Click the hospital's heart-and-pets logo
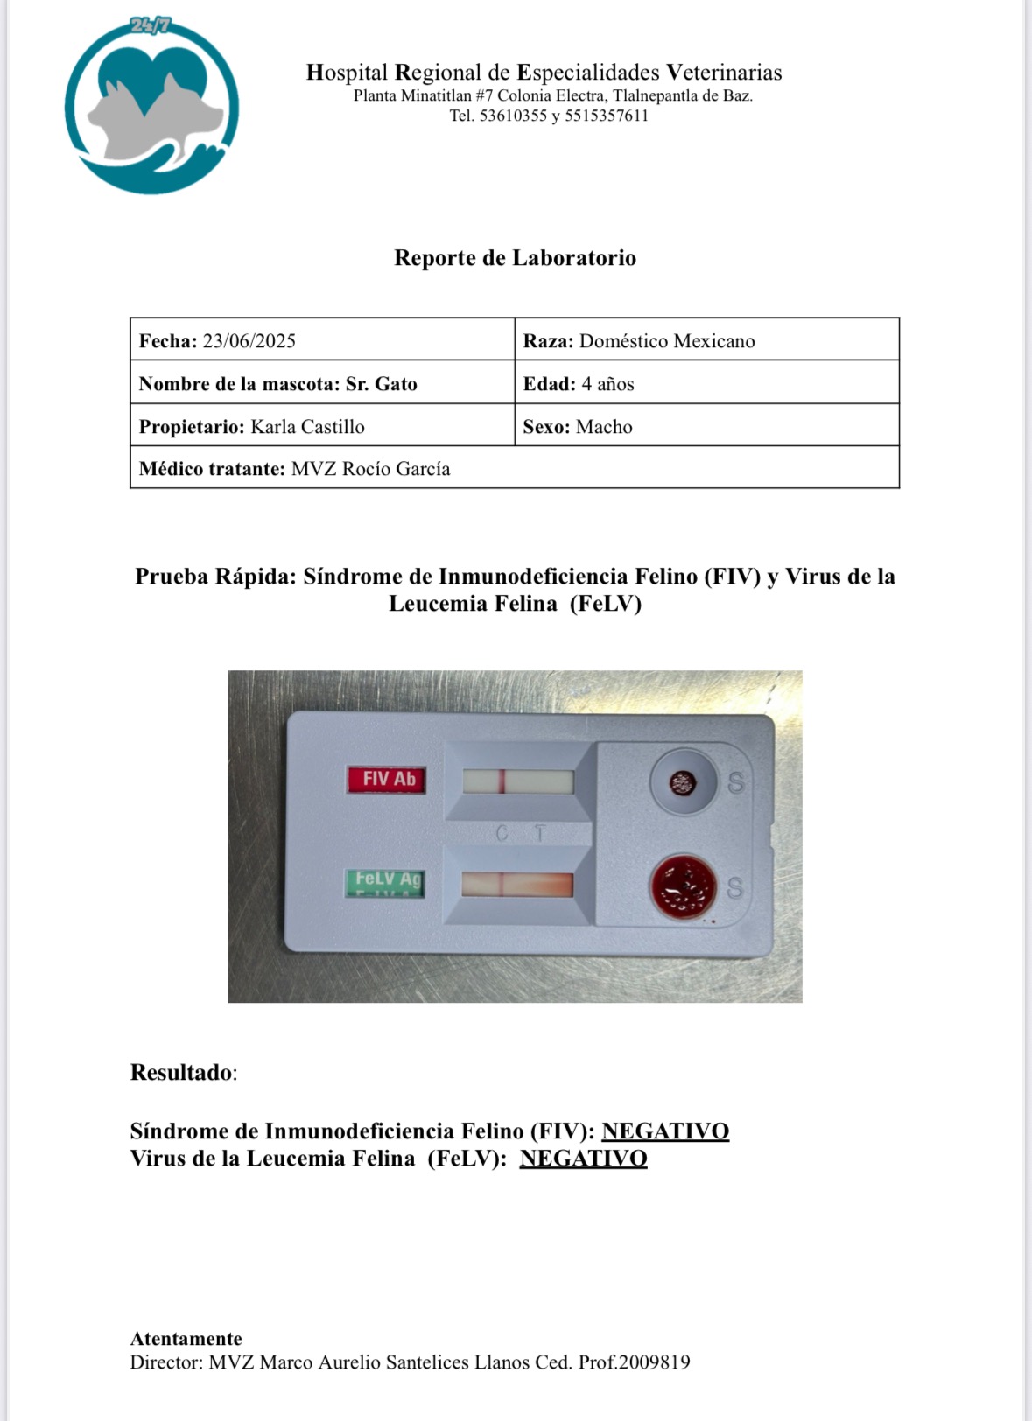(x=151, y=107)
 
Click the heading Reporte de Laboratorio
(x=515, y=258)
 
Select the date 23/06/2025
(x=249, y=341)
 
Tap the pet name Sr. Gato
(x=382, y=384)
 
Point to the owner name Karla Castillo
(x=307, y=427)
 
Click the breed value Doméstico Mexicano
(x=667, y=341)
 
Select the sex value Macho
(x=604, y=427)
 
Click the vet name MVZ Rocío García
(x=370, y=469)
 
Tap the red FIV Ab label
(x=387, y=779)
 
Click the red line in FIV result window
(x=502, y=781)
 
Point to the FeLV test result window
(x=517, y=885)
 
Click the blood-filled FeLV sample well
(x=683, y=887)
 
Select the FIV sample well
(x=682, y=782)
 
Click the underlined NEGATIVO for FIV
(x=665, y=1131)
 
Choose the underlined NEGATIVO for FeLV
(x=583, y=1158)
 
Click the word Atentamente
(x=186, y=1339)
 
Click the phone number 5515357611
(x=607, y=116)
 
